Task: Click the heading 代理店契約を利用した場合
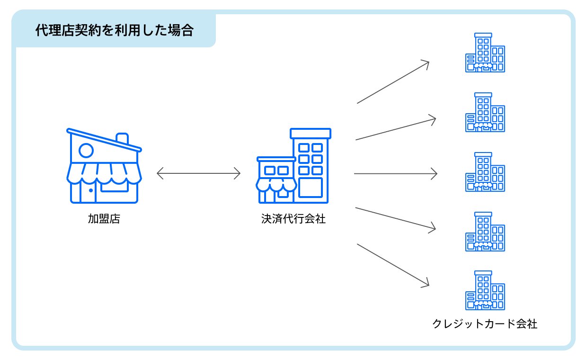[x=115, y=30]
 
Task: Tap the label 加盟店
[x=104, y=219]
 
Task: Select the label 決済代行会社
[x=293, y=219]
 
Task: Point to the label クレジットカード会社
[x=485, y=324]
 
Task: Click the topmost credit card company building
[x=485, y=53]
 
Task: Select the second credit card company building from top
[x=485, y=112]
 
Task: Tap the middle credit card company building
[x=485, y=172]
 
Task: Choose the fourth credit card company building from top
[x=485, y=232]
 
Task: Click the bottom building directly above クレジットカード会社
[x=485, y=290]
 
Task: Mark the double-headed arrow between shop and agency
[x=198, y=174]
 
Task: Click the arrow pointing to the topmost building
[x=393, y=82]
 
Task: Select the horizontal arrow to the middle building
[x=395, y=174]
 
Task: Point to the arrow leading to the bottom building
[x=393, y=265]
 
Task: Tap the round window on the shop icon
[x=86, y=151]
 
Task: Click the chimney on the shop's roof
[x=122, y=138]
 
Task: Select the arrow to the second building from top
[x=395, y=128]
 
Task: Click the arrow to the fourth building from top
[x=395, y=219]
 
